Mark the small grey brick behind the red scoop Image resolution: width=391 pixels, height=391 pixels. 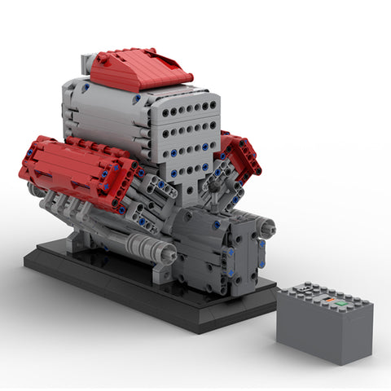pos(88,64)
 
